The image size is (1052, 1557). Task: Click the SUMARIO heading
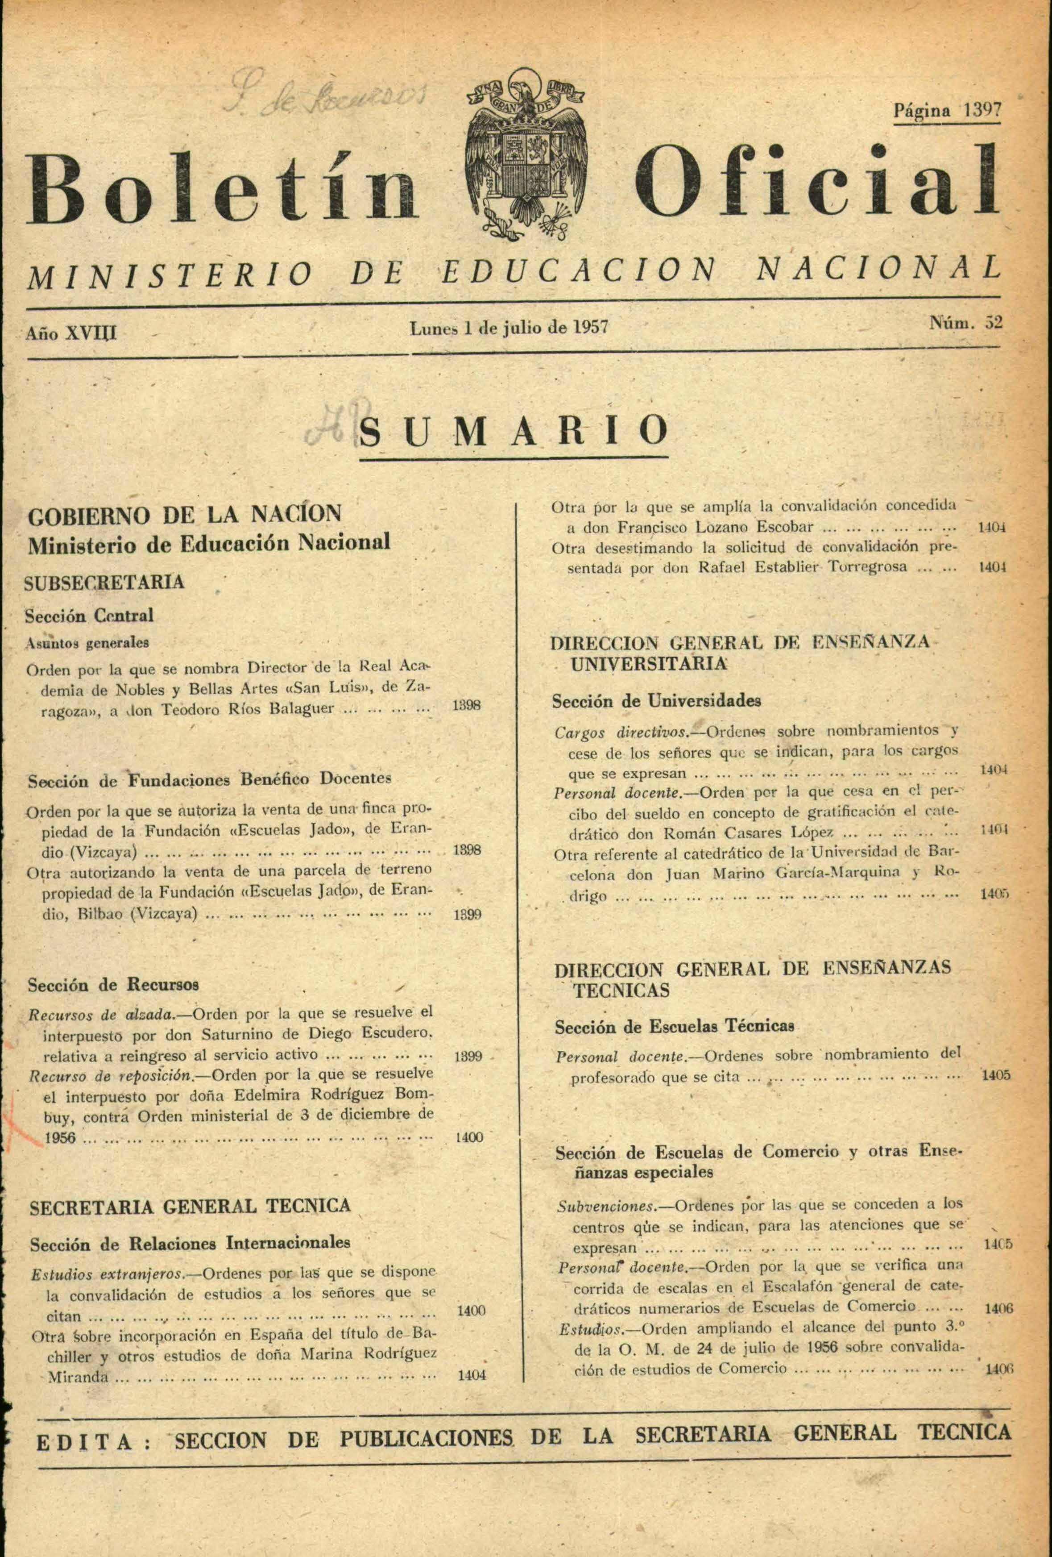514,432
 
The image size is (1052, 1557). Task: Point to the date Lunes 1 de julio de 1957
509,328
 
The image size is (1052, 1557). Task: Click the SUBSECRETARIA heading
104,582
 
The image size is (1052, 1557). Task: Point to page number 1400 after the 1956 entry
469,1137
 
